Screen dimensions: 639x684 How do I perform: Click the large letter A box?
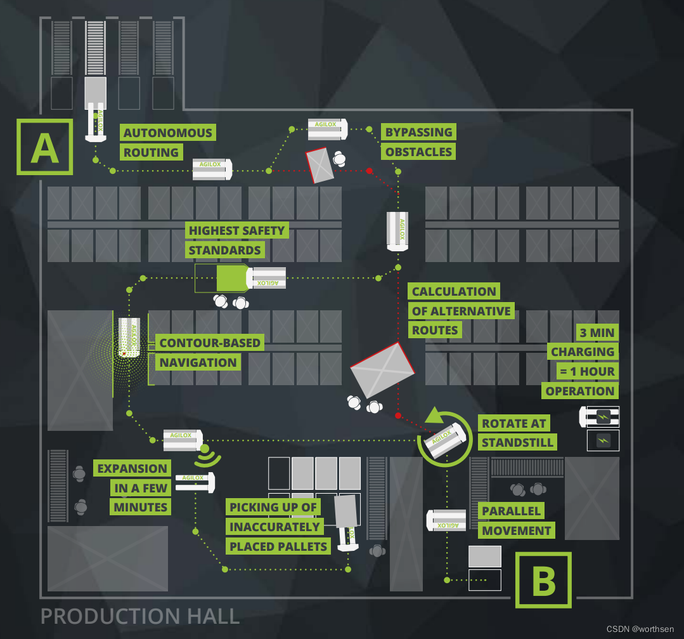click(44, 147)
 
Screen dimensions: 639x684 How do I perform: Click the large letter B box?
click(543, 580)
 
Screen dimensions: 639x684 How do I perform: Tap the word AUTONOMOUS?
click(168, 133)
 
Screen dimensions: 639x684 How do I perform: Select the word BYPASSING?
click(418, 132)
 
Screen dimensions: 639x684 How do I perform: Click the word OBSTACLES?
click(418, 152)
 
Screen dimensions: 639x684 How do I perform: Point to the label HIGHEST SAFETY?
click(236, 230)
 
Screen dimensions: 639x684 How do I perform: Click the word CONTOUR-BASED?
click(210, 343)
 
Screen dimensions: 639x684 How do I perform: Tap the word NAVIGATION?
click(198, 362)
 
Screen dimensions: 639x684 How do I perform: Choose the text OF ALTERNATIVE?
click(461, 311)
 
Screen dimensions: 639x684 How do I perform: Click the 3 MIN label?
click(596, 333)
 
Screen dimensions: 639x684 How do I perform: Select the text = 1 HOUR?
click(586, 371)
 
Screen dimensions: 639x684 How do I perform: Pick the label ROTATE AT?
click(513, 423)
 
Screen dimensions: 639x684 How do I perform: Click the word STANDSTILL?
click(519, 442)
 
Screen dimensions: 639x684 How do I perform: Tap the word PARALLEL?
click(511, 511)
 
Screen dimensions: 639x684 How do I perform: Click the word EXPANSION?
click(132, 469)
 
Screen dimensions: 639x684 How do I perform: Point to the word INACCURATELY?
click(274, 527)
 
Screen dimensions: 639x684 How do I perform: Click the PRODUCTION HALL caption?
click(140, 616)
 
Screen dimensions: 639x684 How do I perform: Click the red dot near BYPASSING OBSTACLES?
click(369, 171)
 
